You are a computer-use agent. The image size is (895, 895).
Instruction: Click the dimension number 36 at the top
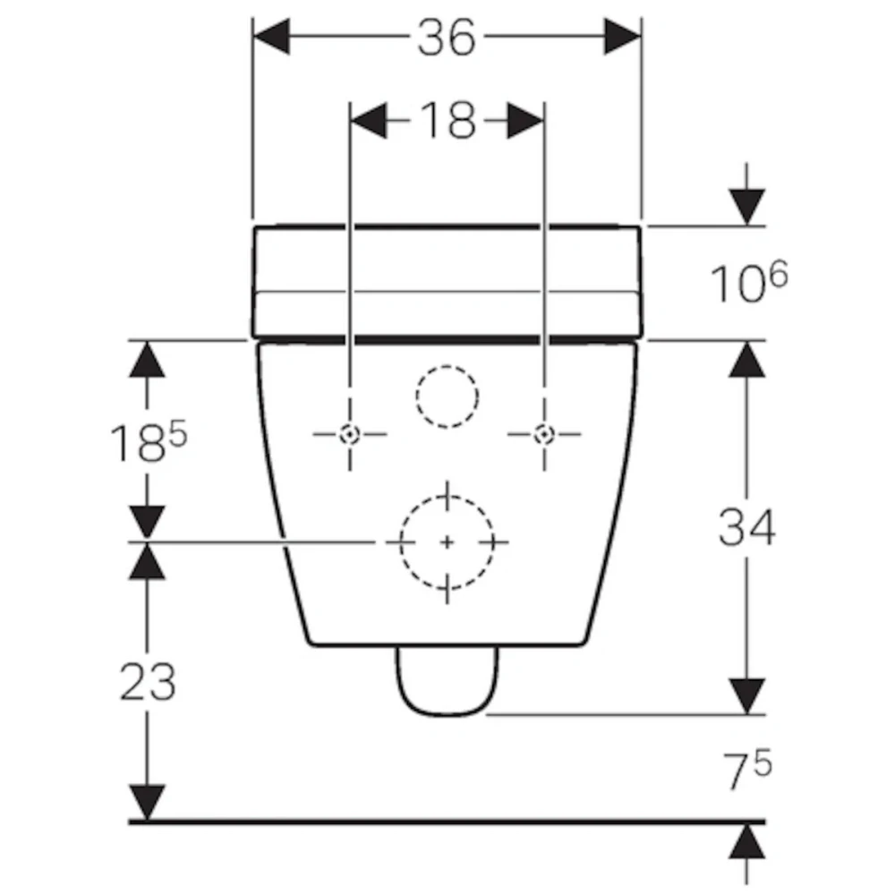(x=447, y=38)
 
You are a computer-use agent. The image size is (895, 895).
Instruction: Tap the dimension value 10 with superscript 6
(x=749, y=281)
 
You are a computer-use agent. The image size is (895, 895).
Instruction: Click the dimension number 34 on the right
(x=746, y=527)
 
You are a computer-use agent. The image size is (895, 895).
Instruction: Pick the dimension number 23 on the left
(x=148, y=681)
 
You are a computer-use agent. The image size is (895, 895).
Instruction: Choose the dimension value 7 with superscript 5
(x=747, y=769)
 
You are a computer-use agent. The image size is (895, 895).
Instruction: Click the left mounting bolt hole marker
(x=349, y=434)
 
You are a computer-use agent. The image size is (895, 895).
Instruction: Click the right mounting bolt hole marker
(x=544, y=434)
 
